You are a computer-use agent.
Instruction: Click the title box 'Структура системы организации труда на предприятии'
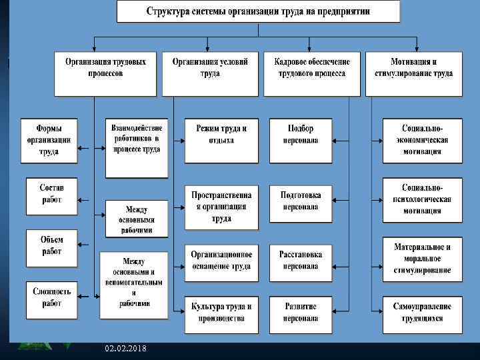point(259,13)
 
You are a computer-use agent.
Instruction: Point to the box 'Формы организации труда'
point(48,140)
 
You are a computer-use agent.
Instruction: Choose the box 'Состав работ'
point(51,194)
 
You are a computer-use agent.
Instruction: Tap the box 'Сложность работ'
point(51,298)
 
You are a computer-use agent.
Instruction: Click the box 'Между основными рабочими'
point(136,219)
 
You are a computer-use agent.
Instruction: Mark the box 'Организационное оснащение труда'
point(221,261)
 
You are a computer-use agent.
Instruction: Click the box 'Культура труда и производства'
point(221,313)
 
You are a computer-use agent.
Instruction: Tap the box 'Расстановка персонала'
point(301,261)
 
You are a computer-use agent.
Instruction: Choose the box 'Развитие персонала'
point(301,313)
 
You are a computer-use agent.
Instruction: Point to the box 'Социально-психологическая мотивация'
point(421,199)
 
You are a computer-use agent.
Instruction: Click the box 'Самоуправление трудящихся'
point(421,313)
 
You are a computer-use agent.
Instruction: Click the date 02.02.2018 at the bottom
point(126,349)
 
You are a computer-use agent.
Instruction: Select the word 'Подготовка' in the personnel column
point(301,195)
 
